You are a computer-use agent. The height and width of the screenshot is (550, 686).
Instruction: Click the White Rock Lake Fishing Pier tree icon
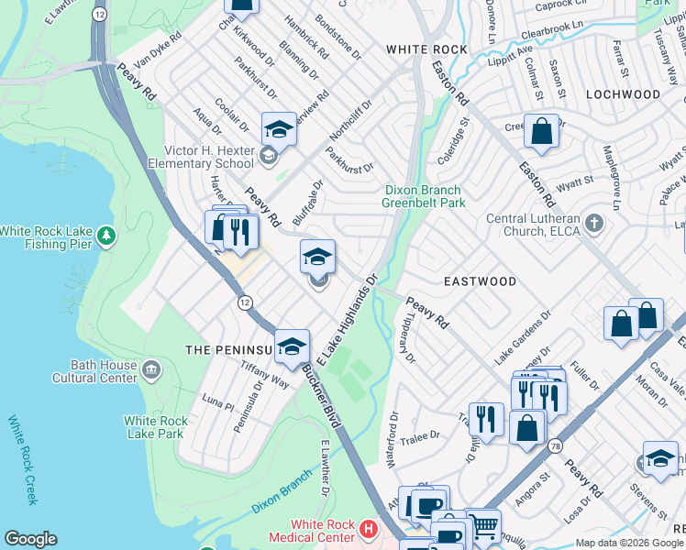pos(107,238)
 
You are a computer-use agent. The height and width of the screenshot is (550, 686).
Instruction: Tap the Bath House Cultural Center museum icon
pos(151,370)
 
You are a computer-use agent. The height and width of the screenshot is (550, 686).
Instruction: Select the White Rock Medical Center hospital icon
pos(368,528)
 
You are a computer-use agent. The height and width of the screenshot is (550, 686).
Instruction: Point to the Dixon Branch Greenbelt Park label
pos(422,196)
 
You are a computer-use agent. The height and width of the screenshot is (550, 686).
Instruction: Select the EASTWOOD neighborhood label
pos(481,281)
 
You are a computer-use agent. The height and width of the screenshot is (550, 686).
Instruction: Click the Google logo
pos(30,539)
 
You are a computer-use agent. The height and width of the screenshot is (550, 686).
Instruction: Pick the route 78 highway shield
pos(556,445)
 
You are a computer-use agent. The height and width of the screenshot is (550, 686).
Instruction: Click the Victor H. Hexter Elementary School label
pos(208,157)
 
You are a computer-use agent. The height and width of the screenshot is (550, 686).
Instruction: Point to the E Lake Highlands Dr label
pos(348,316)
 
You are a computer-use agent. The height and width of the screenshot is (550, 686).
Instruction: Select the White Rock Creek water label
pos(24,460)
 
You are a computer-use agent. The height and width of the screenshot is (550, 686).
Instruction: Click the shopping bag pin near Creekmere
pos(542,131)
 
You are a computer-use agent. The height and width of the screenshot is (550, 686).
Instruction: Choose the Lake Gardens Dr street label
pos(522,341)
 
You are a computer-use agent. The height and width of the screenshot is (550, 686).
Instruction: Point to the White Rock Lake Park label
pos(156,428)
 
